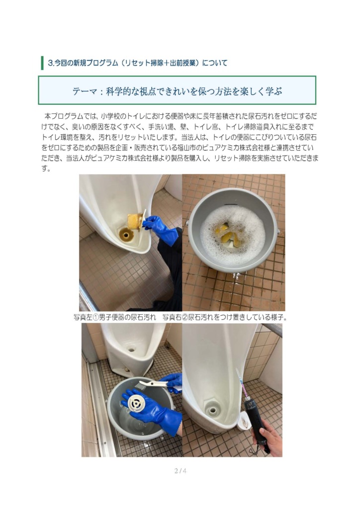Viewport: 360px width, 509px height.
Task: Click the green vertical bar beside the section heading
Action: click(x=42, y=63)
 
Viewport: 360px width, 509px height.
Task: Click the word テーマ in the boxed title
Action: click(x=85, y=91)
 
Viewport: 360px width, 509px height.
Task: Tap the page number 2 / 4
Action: click(x=180, y=471)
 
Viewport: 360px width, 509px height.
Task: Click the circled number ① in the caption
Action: click(x=96, y=317)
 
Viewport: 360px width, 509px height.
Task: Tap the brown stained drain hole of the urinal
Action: click(x=125, y=235)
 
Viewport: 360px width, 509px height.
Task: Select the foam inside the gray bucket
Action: click(x=232, y=232)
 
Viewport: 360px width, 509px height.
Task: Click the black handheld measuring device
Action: click(x=257, y=422)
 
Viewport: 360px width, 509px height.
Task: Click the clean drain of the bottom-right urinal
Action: click(x=213, y=410)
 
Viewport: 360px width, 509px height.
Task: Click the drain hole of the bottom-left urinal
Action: click(x=131, y=350)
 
